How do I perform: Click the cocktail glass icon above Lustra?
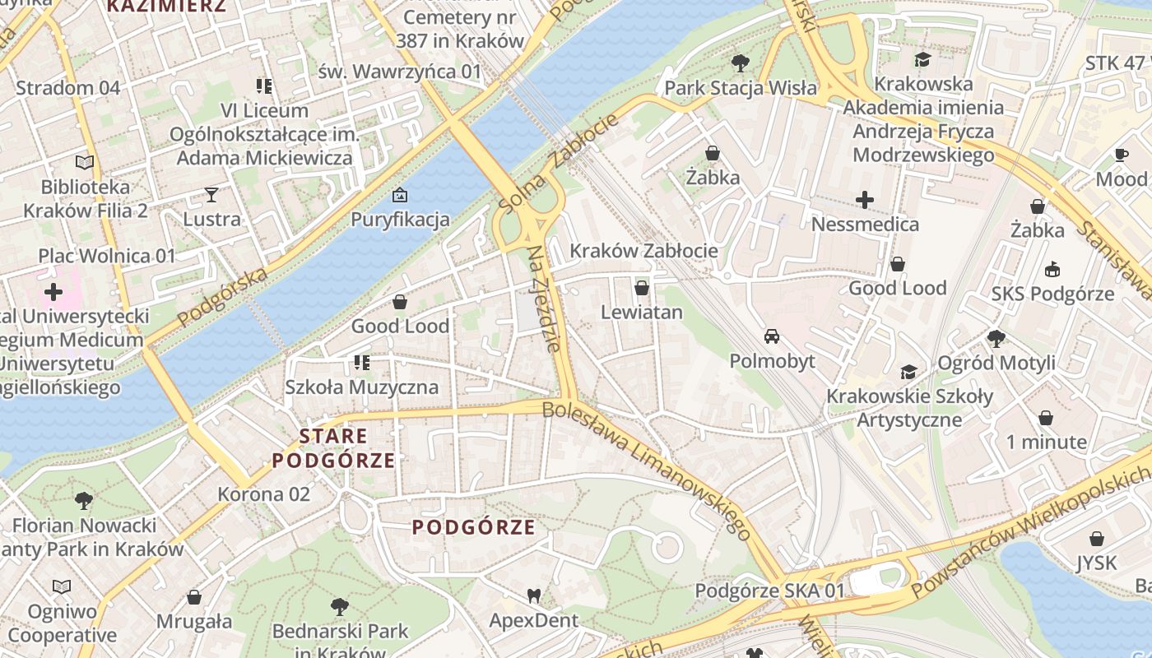coord(211,195)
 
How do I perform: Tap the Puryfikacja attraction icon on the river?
coord(400,195)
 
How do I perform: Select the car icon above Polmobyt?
coord(772,336)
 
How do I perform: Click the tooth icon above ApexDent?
coord(533,595)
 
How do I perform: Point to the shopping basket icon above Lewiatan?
coord(642,288)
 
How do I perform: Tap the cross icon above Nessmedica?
coord(865,199)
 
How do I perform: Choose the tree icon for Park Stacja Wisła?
coord(741,63)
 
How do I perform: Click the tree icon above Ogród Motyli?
coord(996,338)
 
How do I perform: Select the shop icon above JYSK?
coord(1096,539)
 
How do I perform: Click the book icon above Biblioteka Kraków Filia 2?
coord(85,162)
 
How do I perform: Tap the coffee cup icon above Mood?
coord(1121,155)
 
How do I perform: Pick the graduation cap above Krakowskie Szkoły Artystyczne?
coord(908,372)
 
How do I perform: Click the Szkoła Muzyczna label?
coord(362,387)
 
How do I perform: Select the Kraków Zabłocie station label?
coord(643,251)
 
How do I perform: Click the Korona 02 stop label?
coord(263,494)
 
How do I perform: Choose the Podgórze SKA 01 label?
coord(769,591)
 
